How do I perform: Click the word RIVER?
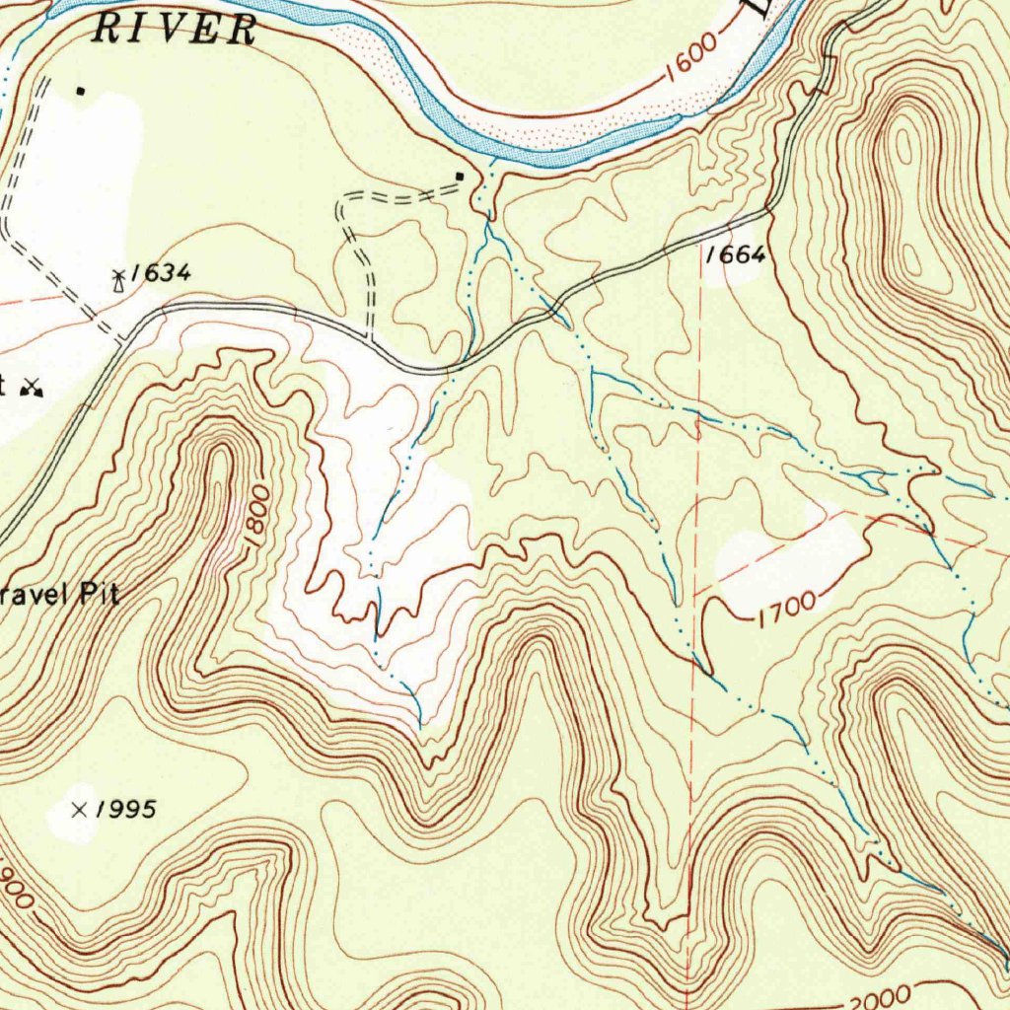[x=175, y=29]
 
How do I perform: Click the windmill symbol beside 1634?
[x=119, y=281]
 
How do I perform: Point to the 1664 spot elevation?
[x=735, y=254]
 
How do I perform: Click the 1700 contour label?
[x=787, y=610]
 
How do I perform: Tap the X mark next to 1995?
[x=80, y=810]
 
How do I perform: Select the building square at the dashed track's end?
[x=460, y=177]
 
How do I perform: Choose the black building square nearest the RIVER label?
[x=81, y=92]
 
